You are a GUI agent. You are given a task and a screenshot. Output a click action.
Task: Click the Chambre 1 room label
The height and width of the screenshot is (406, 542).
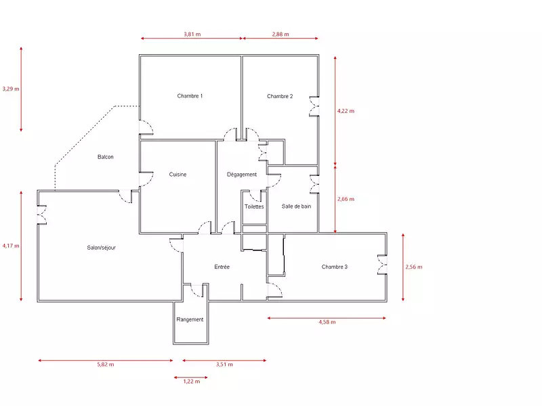190,96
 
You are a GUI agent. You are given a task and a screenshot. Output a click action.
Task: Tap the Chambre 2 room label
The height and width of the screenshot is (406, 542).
280,96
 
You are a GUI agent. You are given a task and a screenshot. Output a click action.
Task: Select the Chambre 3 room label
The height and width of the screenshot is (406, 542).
334,267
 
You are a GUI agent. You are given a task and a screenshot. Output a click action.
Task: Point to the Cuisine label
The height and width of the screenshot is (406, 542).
178,175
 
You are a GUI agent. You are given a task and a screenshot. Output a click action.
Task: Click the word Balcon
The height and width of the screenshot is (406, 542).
106,157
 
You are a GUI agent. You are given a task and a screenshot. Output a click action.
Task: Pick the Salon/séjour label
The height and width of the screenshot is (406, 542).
101,248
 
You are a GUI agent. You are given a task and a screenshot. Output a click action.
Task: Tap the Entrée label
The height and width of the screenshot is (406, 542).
222,267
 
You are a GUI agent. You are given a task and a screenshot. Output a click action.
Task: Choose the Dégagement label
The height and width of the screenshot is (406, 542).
242,175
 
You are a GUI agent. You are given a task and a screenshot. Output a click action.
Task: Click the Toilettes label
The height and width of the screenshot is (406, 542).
254,206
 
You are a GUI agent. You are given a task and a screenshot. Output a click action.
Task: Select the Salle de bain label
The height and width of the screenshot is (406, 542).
296,206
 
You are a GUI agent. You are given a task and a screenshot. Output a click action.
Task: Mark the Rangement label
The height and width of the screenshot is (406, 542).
190,319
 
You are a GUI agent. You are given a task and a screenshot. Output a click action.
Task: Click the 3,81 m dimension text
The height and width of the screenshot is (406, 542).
192,35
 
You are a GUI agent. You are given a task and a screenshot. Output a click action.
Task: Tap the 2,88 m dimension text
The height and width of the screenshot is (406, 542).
280,35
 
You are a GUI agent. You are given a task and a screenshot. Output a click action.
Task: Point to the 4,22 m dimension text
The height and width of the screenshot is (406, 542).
346,111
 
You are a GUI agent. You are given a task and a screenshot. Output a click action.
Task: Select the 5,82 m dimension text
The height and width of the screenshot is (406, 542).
106,364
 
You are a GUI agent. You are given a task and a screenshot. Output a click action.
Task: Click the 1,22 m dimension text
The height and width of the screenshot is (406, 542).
192,381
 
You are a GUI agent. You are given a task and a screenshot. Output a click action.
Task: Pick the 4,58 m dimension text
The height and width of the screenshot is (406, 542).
327,322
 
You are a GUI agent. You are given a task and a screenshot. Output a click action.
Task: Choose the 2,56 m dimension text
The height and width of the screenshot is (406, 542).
414,267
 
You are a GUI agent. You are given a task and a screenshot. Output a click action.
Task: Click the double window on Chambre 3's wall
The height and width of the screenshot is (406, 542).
382,265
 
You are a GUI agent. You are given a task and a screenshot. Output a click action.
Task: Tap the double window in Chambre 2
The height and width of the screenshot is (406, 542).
314,106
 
